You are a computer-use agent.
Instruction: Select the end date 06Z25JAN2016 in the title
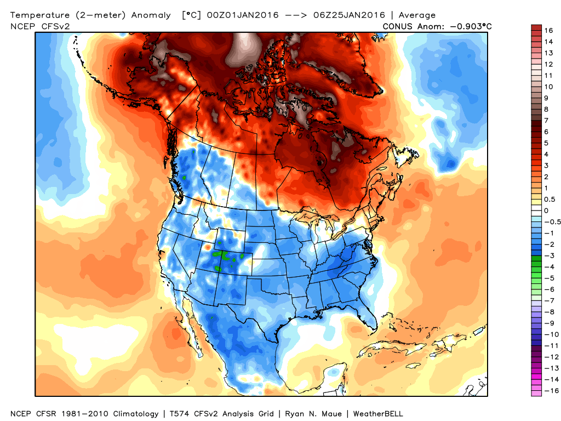[336, 15]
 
